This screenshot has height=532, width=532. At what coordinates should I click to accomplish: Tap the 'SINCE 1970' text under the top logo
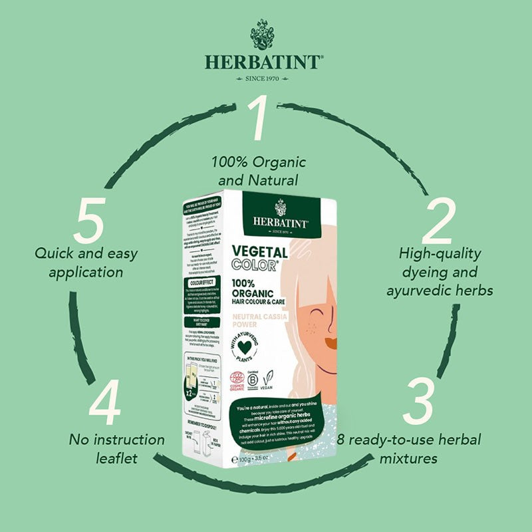[x=265, y=78]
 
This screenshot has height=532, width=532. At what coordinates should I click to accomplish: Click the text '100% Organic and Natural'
[x=259, y=170]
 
